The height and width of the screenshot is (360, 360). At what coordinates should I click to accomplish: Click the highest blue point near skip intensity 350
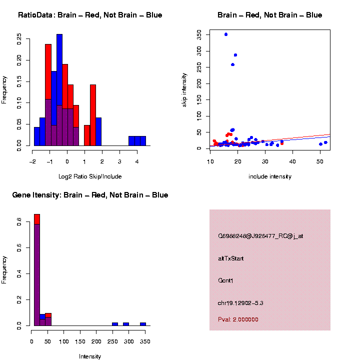[x=226, y=34]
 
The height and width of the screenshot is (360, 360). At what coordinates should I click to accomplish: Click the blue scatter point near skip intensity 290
[x=235, y=55]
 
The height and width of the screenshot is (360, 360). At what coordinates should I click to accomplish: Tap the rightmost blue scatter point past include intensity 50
[x=325, y=142]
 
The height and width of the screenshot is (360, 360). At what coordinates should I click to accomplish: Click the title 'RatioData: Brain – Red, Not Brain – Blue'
[x=90, y=15]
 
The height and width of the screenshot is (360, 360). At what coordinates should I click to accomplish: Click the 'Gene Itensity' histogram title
[x=90, y=195]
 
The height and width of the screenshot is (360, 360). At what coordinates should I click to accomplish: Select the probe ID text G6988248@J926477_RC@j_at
[x=260, y=236]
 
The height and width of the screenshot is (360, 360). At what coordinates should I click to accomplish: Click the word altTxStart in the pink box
[x=231, y=258]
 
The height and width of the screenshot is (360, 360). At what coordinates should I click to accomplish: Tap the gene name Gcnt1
[x=226, y=280]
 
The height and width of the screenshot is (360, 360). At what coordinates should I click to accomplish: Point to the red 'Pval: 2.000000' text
[x=238, y=319]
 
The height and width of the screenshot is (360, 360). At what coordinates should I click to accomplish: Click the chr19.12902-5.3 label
[x=240, y=303]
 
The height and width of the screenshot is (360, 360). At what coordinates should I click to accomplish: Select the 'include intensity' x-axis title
[x=270, y=176]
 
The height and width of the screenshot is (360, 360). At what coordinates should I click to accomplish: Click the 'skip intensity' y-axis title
[x=184, y=89]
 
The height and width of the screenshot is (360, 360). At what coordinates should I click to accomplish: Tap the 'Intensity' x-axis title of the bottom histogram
[x=90, y=356]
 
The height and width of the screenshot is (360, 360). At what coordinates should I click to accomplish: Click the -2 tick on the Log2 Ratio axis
[x=32, y=161]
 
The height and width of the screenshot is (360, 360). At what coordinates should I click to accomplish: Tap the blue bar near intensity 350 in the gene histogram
[x=143, y=324]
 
